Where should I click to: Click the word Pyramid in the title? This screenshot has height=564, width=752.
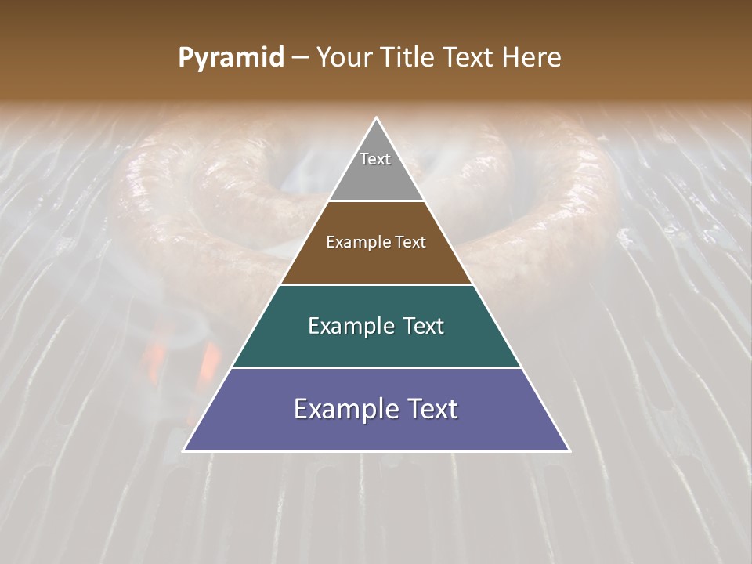(230, 58)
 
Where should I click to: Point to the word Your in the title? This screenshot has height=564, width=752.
(344, 57)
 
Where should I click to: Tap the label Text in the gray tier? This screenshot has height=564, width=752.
(375, 159)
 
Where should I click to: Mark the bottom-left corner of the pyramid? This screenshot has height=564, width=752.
(184, 450)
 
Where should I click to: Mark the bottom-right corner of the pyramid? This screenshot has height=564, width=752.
(569, 450)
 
